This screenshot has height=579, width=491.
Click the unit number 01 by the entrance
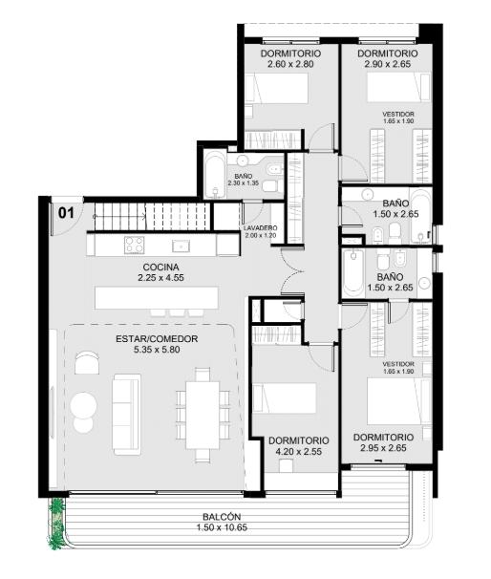pyautogui.click(x=67, y=213)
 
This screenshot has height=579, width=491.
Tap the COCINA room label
pyautogui.click(x=160, y=267)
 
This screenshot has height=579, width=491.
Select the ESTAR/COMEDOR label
pyautogui.click(x=157, y=338)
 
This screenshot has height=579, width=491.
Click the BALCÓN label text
pyautogui.click(x=222, y=517)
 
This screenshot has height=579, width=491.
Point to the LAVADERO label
pyautogui.click(x=260, y=228)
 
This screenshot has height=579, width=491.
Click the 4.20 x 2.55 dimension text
pyautogui.click(x=299, y=451)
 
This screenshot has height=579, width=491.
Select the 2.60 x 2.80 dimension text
pyautogui.click(x=290, y=64)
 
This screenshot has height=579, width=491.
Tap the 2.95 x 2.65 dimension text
pyautogui.click(x=383, y=448)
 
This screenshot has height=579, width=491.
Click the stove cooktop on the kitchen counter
pyautogui.click(x=135, y=245)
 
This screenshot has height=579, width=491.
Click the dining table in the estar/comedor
pyautogui.click(x=203, y=415)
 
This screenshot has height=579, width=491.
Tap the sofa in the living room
pyautogui.click(x=127, y=415)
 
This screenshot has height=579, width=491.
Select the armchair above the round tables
pyautogui.click(x=87, y=363)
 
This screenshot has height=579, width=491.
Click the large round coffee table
pyautogui.click(x=84, y=405)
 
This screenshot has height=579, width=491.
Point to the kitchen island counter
pyautogui.click(x=156, y=298)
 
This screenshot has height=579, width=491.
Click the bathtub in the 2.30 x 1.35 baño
pyautogui.click(x=215, y=174)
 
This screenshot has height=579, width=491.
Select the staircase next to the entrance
pyautogui.click(x=151, y=216)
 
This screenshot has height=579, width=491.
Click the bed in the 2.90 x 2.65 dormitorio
pyautogui.click(x=398, y=87)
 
